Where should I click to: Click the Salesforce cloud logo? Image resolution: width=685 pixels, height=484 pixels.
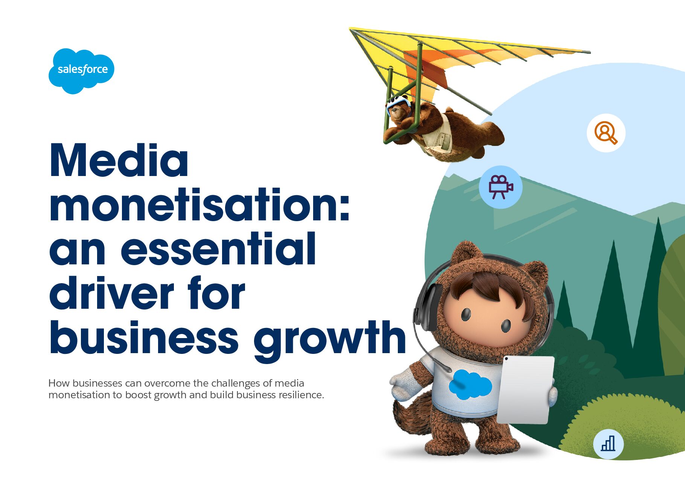click(81, 71)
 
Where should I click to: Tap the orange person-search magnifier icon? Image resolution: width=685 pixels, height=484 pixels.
click(606, 133)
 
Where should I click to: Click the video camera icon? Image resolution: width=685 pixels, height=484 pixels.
click(501, 187)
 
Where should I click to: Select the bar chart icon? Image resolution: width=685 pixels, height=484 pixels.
click(608, 444)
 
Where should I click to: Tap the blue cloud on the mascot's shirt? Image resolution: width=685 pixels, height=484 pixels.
click(470, 384)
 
